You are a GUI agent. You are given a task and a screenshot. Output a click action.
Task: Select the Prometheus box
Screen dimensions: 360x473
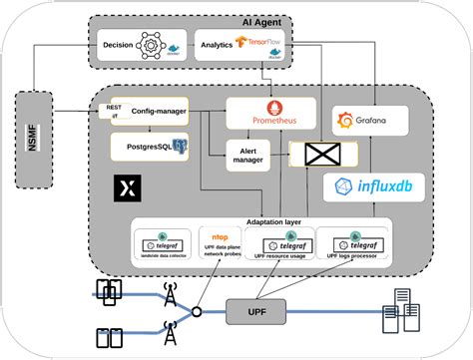pos(270,114)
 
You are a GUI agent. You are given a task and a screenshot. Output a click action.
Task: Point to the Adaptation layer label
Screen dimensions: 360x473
pos(272,221)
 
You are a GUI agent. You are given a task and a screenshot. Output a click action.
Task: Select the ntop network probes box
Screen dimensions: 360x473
pos(221,246)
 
